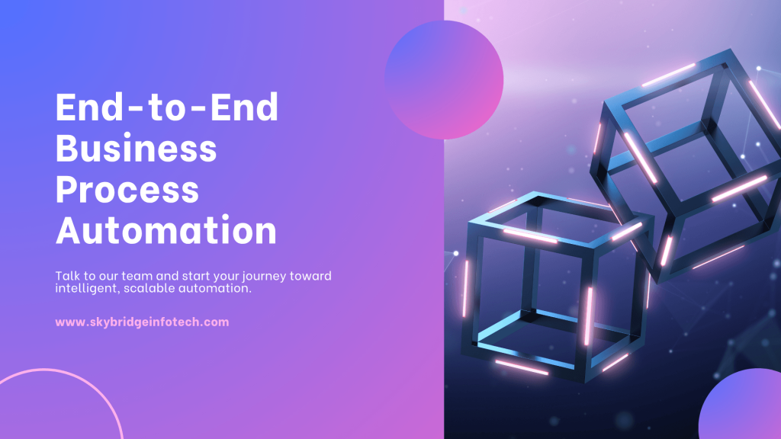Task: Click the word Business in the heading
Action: tap(137, 149)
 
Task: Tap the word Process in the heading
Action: tap(128, 191)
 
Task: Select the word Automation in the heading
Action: tap(167, 231)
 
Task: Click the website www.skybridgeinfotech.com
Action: tap(142, 322)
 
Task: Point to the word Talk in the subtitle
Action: tap(67, 276)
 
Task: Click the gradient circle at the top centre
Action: tap(444, 79)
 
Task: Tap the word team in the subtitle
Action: tap(154, 276)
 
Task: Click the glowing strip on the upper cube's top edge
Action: tap(668, 74)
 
